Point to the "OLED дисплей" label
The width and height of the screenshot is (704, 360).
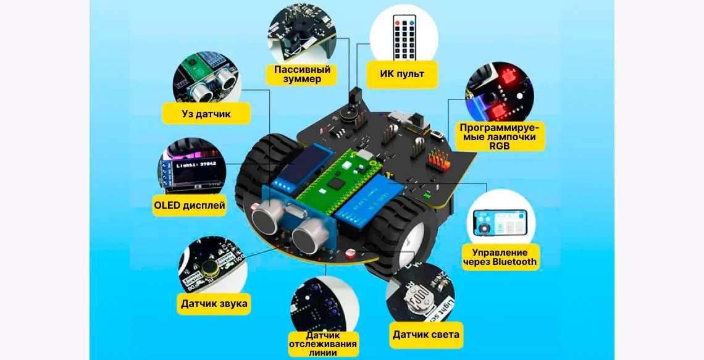(x=190, y=205)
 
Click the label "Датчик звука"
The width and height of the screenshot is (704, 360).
(x=214, y=303)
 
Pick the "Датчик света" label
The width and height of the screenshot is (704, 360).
(x=426, y=335)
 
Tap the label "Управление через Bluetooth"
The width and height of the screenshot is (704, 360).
(x=500, y=257)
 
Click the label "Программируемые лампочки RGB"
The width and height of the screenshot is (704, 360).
(x=500, y=136)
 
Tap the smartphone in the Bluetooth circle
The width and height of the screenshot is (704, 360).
(x=500, y=224)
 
